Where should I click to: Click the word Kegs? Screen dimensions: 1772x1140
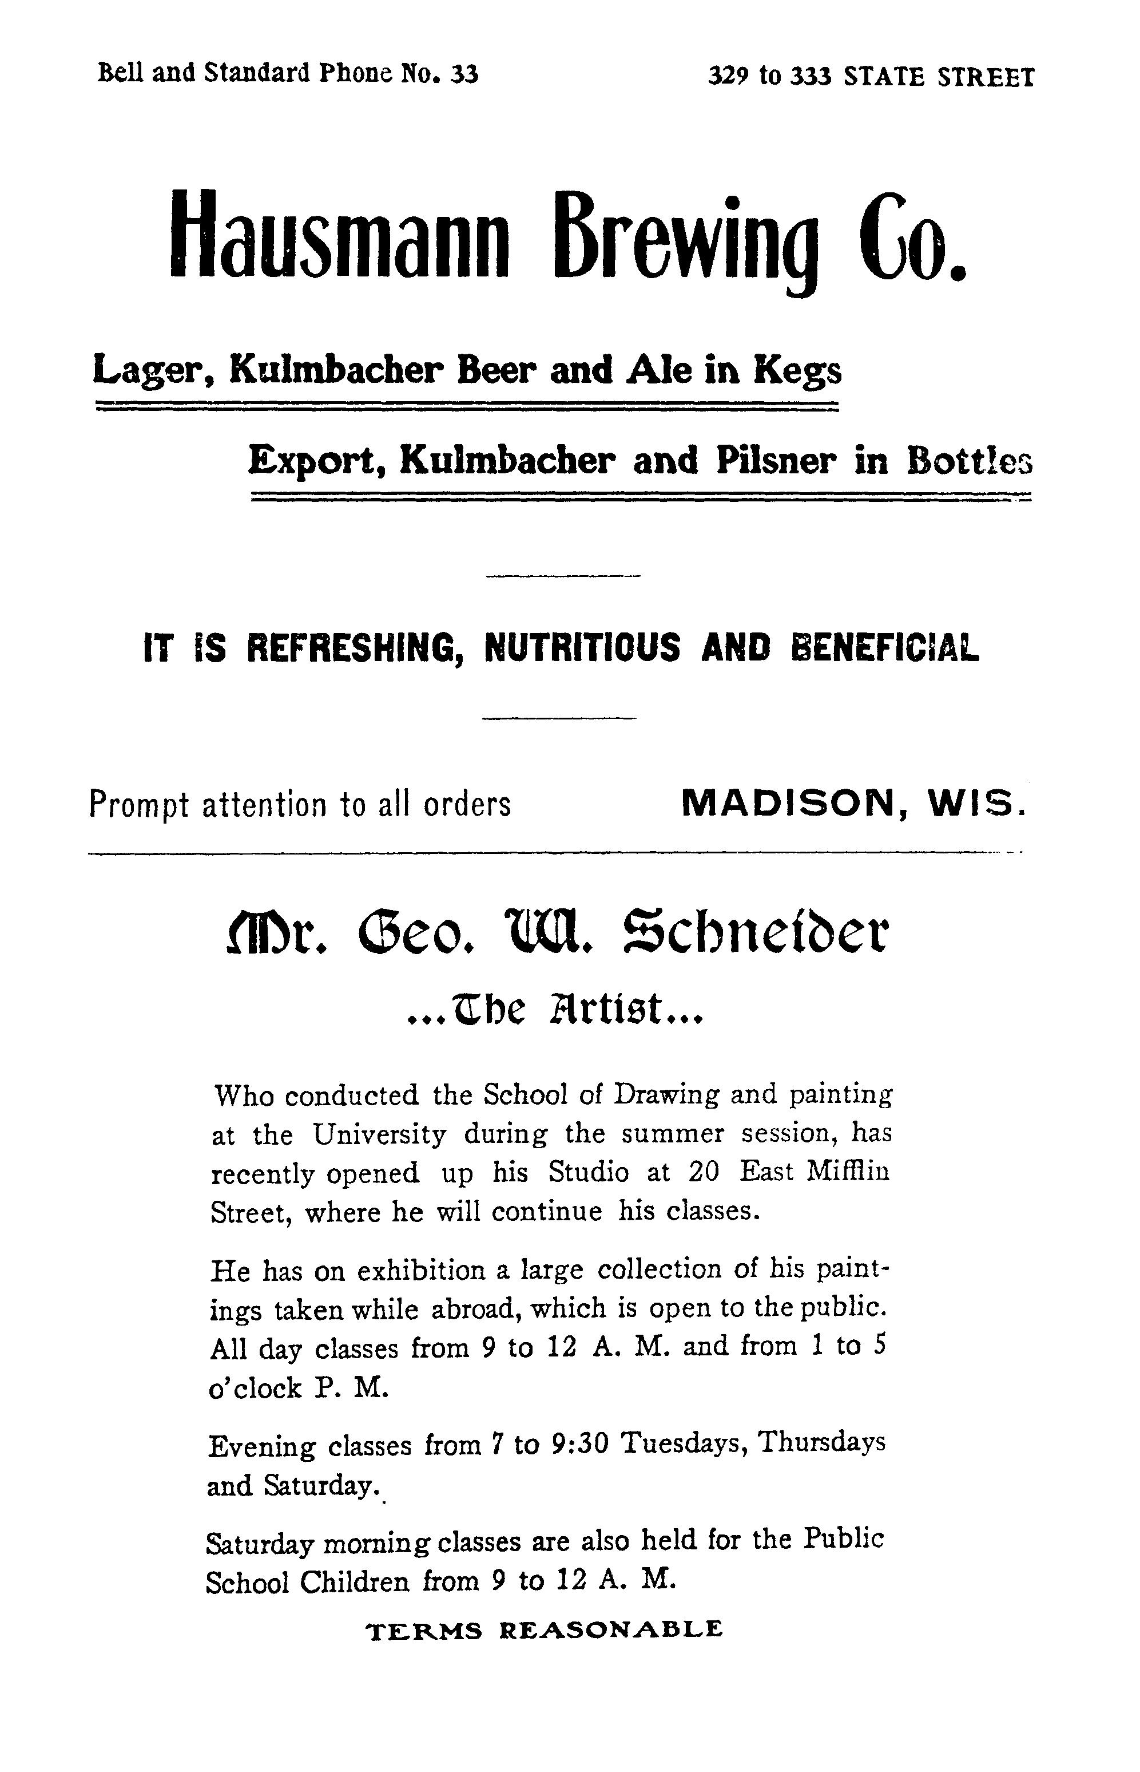point(797,370)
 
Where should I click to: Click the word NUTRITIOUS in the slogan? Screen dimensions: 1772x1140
point(581,647)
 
